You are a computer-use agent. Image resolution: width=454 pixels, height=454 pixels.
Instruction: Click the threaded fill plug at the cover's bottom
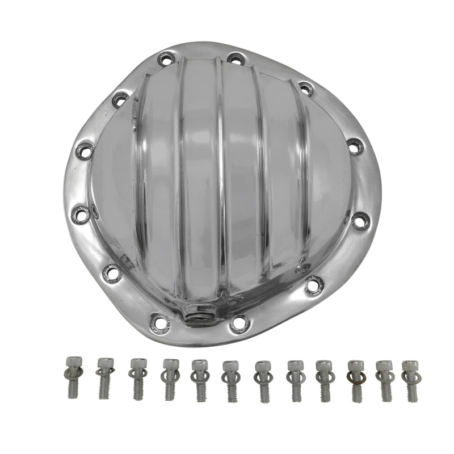point(198,316)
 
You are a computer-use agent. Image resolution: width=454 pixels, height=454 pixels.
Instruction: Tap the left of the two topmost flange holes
point(166,58)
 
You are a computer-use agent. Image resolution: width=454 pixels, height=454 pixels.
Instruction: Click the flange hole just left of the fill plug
point(159,322)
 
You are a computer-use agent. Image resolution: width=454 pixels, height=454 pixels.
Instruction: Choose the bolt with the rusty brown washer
point(355,379)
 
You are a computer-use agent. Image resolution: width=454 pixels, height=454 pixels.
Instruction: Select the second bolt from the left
point(105,377)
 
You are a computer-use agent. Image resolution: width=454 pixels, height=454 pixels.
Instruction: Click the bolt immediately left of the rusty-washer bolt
point(323,379)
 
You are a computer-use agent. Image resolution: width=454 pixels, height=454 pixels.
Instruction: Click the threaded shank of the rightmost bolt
point(410,390)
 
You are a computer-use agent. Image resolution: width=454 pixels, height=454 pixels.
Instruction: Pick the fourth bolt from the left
point(169,378)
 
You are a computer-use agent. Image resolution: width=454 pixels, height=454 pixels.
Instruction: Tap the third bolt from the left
point(137,378)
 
